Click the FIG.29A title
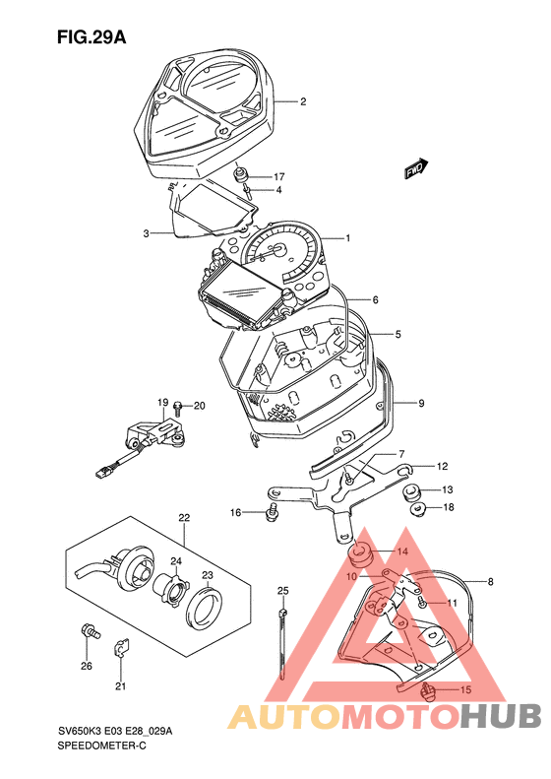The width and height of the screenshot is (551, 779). [92, 37]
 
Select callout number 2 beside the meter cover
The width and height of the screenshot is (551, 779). [303, 101]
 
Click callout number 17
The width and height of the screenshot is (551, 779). [278, 176]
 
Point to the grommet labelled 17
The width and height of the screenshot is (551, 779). [242, 174]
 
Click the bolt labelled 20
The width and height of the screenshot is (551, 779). [177, 408]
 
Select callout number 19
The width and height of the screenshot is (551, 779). [163, 402]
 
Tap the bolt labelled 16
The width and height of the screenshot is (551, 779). [271, 512]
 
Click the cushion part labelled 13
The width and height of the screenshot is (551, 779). [410, 491]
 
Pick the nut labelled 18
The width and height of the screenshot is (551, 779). [418, 509]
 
